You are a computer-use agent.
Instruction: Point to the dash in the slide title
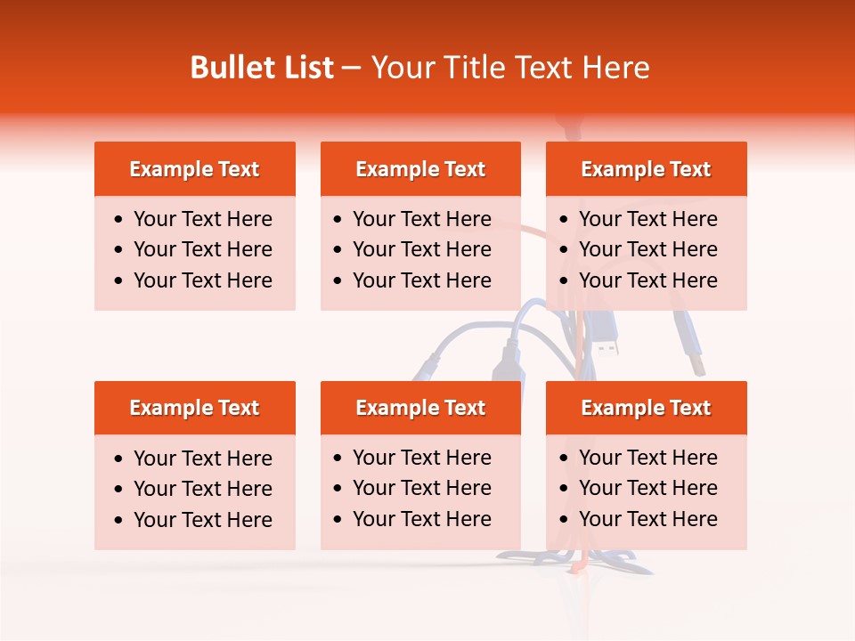[351, 68]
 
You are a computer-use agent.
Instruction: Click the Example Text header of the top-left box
[194, 169]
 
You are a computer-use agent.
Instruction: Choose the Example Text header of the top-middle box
[420, 169]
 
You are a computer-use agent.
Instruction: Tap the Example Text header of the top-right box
[646, 169]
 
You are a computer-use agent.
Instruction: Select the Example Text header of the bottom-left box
[194, 408]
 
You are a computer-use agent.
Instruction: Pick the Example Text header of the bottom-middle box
[420, 408]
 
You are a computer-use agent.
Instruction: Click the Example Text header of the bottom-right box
[646, 408]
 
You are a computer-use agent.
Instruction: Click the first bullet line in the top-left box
[202, 219]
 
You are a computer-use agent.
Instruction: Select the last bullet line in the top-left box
[202, 280]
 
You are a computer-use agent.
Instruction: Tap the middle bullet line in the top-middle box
[421, 249]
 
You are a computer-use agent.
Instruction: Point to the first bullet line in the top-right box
[647, 219]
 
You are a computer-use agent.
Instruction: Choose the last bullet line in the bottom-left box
[202, 520]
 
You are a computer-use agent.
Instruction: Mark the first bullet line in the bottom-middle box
[421, 458]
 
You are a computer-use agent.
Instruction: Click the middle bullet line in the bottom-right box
[647, 488]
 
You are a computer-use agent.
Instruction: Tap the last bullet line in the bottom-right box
[647, 519]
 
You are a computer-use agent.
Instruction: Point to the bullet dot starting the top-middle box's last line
[338, 280]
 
